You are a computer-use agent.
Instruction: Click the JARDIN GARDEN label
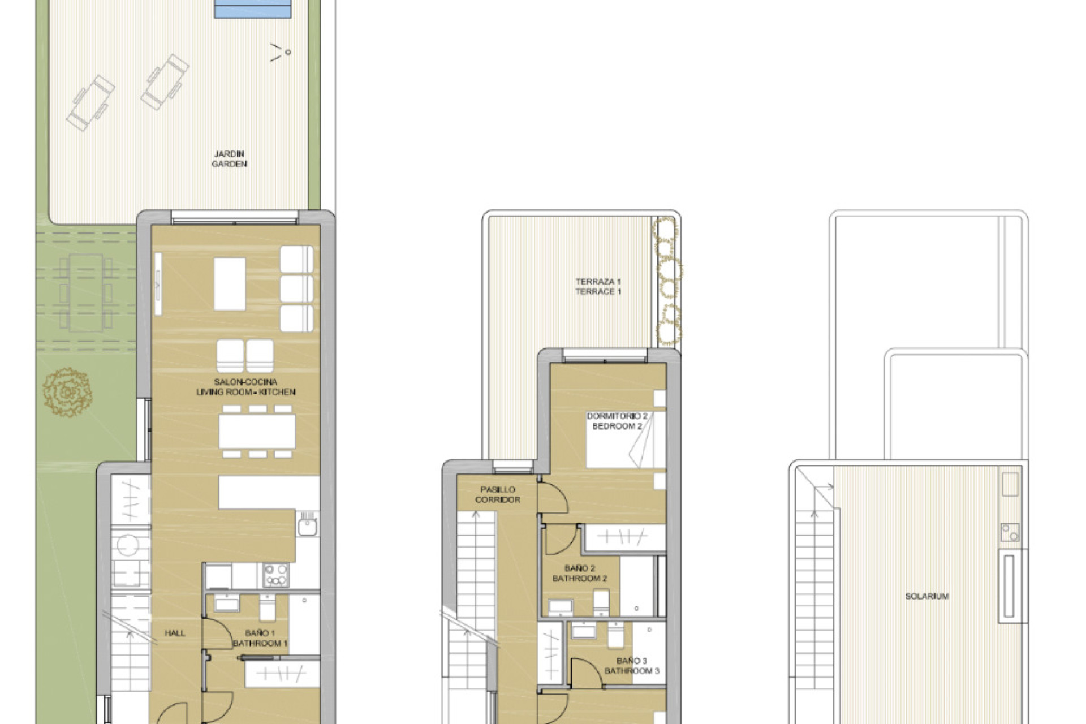tap(229, 159)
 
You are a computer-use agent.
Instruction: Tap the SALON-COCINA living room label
tap(245, 387)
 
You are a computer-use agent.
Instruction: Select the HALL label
tap(175, 633)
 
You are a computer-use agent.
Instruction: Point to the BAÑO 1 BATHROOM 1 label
tap(260, 638)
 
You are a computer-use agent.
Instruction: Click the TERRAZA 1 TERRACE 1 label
tap(598, 286)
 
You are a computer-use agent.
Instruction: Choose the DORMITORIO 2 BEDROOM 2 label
tap(617, 421)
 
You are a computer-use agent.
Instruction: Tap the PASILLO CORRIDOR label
tap(498, 494)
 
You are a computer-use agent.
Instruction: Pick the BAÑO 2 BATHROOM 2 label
tap(579, 573)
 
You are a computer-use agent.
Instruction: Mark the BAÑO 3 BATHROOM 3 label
tap(631, 666)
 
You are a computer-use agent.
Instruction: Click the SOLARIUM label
tap(926, 596)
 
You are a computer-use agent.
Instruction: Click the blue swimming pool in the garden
tap(253, 9)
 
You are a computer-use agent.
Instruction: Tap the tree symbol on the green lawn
tap(67, 391)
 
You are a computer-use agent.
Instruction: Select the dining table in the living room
tap(257, 432)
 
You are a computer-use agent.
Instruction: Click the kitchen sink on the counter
tap(307, 526)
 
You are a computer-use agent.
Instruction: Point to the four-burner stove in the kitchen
tap(275, 575)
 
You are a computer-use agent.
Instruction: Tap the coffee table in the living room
tap(230, 283)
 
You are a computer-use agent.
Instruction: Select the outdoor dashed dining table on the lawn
tap(86, 292)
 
